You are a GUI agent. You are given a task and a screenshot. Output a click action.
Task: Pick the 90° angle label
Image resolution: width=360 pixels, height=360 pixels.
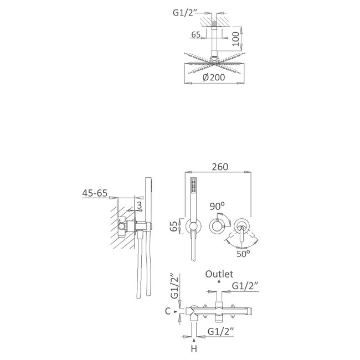point(217,205)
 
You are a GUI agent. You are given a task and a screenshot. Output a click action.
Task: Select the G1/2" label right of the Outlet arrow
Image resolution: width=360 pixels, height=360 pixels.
point(246,285)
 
